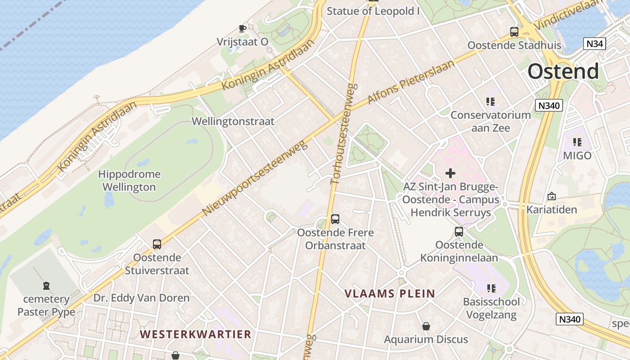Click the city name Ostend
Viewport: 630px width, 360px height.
point(563,72)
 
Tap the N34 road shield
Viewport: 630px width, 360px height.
point(595,44)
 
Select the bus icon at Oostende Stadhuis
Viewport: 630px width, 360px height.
point(514,32)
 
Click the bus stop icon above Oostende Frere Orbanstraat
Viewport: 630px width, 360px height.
point(335,219)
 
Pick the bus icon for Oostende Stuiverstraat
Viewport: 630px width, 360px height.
point(157,244)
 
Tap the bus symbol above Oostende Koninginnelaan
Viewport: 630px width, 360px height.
point(459,232)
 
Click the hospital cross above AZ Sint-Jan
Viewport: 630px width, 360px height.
point(450,173)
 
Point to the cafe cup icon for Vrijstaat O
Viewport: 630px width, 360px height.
point(243,29)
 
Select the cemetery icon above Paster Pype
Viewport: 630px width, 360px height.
point(46,286)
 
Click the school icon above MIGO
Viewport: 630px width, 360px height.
point(577,143)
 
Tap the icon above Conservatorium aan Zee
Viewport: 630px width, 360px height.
point(490,102)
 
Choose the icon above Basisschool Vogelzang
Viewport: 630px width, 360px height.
point(491,288)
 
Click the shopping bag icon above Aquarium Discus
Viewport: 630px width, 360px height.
point(426,326)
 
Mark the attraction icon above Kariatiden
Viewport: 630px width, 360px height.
point(551,196)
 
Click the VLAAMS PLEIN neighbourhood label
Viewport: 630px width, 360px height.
point(390,294)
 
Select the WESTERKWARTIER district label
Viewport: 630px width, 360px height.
point(195,334)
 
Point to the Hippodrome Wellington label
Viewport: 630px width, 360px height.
point(129,180)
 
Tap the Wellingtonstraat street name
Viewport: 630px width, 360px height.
point(233,121)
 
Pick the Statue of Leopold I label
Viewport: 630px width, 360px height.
point(373,11)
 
